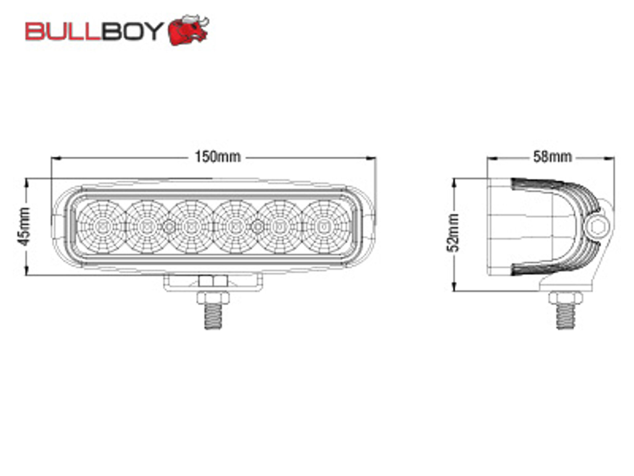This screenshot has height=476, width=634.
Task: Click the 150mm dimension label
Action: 218,157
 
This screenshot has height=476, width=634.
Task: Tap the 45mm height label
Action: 24,227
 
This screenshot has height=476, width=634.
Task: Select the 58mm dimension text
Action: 552,157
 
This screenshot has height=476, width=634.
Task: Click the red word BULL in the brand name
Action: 63,31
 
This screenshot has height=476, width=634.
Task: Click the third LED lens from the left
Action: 191,227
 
